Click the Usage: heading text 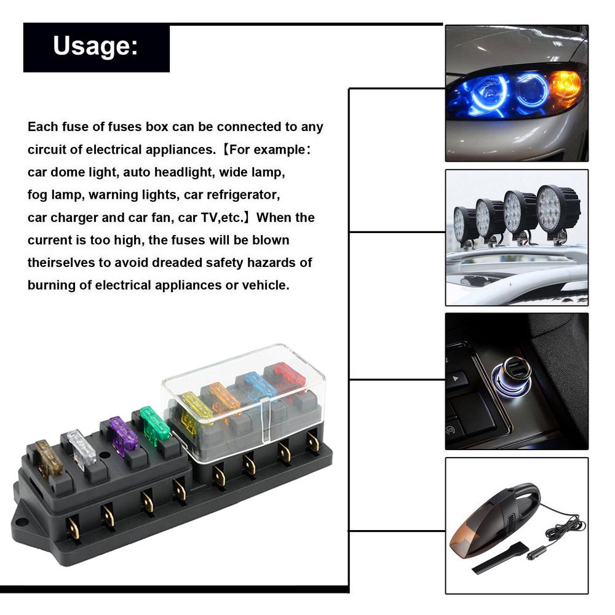coord(95,46)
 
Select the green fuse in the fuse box coord(155,424)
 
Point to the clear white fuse coord(82,447)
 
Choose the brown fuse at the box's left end coord(49,458)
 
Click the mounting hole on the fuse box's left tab coord(22,523)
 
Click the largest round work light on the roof coord(557,208)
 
